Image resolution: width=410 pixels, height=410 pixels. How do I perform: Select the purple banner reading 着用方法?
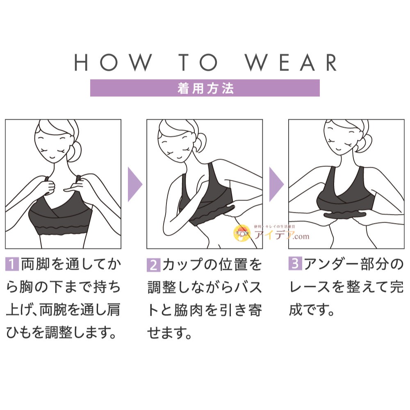click(x=205, y=88)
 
